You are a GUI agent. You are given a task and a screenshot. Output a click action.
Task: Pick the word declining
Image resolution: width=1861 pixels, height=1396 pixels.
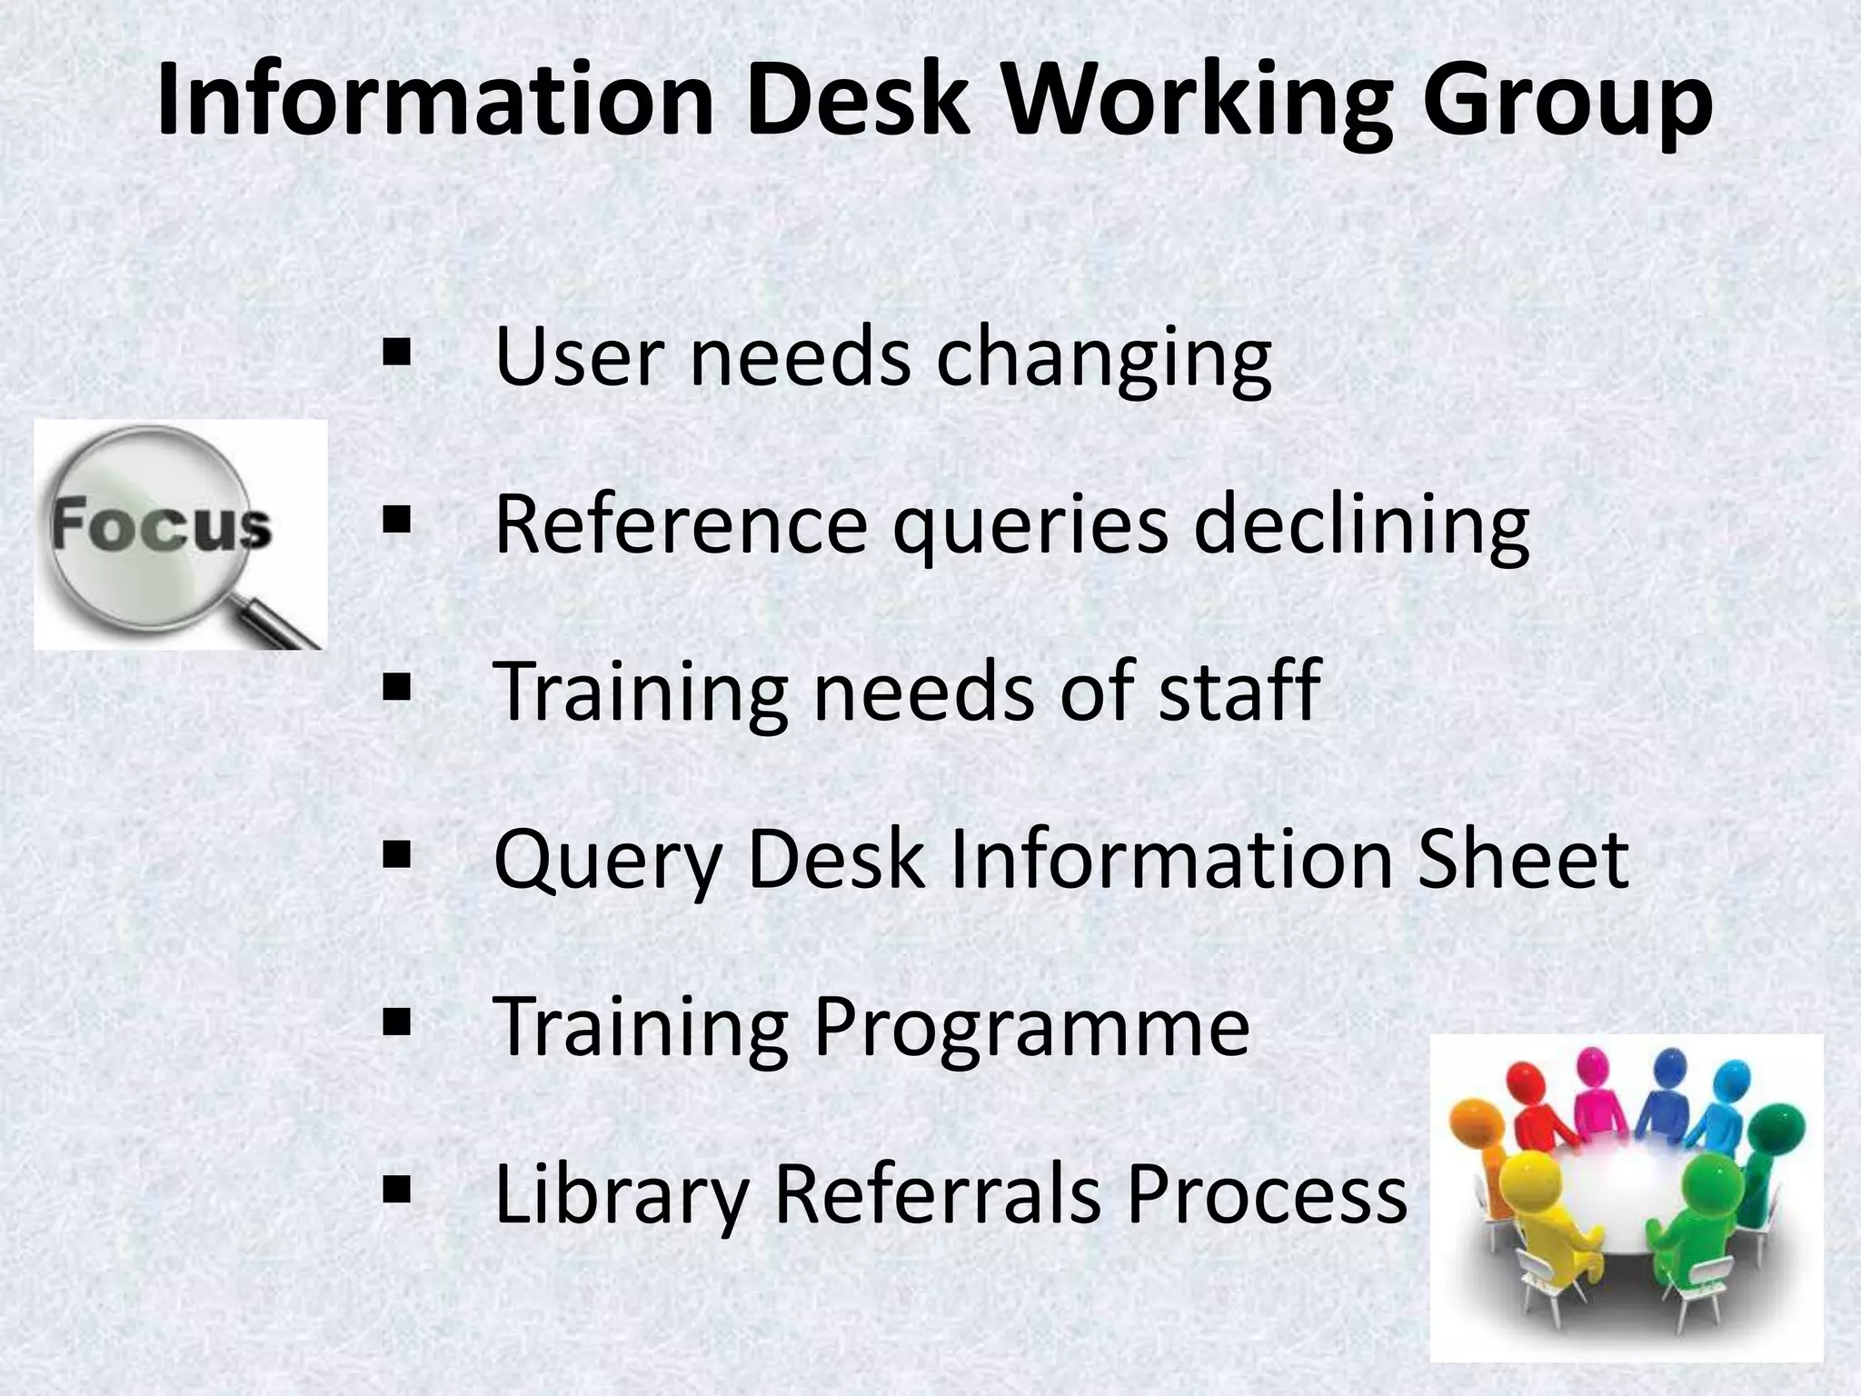[1361, 525]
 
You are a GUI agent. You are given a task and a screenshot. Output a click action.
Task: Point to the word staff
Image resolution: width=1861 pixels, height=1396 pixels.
[1239, 691]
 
